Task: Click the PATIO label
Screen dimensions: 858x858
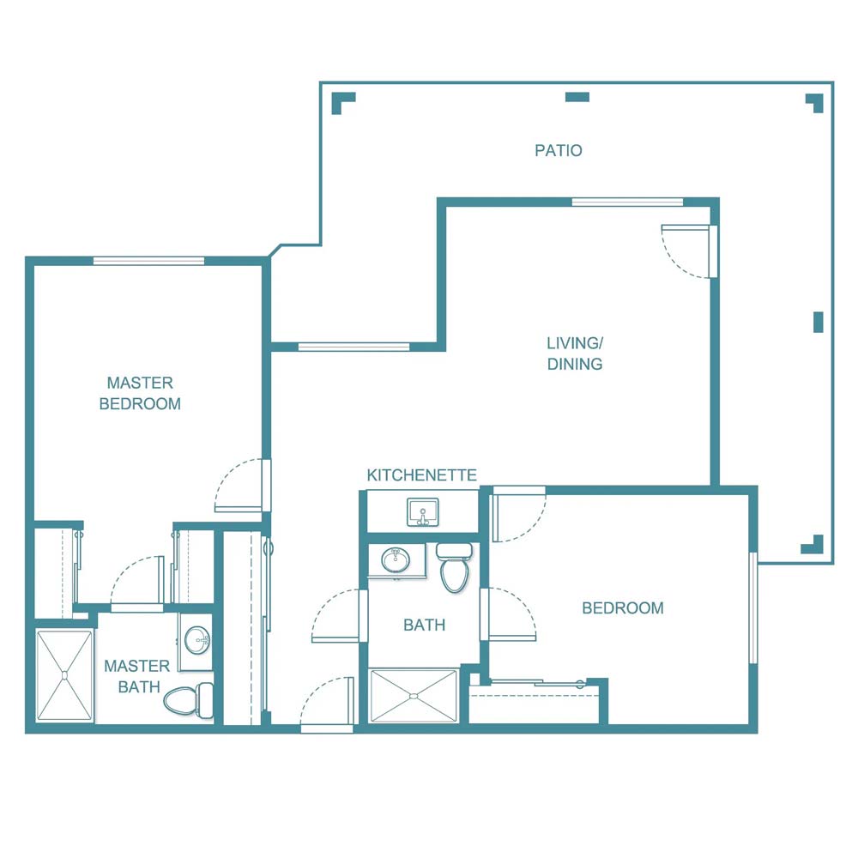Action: [x=559, y=150]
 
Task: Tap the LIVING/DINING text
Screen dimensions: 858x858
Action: [x=574, y=353]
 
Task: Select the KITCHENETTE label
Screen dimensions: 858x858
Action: [x=421, y=475]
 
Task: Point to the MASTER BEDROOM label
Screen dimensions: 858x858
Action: [x=140, y=393]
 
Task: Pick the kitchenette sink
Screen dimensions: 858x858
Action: [x=421, y=512]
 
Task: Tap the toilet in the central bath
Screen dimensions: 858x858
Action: [x=454, y=567]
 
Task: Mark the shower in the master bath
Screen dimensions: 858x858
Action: [x=64, y=676]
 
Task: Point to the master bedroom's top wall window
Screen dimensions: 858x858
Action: [x=148, y=261]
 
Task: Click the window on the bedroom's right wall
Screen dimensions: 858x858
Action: [x=753, y=607]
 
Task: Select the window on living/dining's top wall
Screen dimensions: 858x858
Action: [x=627, y=202]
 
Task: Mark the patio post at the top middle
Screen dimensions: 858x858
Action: [x=577, y=97]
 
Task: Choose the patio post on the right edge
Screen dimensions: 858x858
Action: [x=818, y=322]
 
